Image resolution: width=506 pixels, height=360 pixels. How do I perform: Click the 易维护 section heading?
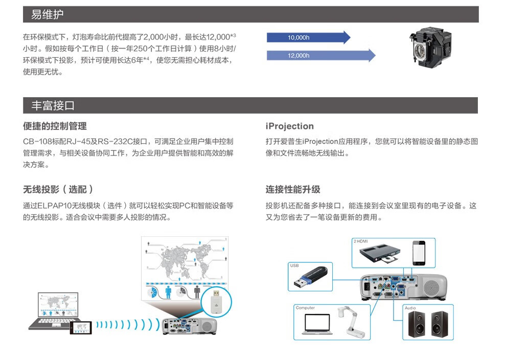click(x=47, y=14)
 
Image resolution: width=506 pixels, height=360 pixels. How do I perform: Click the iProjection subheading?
click(x=289, y=126)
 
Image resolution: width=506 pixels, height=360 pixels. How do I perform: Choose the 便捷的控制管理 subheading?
click(x=55, y=126)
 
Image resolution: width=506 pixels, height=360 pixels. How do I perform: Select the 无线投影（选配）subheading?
click(x=58, y=190)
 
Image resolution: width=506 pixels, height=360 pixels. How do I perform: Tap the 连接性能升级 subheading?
click(x=293, y=190)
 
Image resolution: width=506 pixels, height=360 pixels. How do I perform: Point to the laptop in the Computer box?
click(x=317, y=324)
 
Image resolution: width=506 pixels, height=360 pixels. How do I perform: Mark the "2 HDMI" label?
click(x=361, y=241)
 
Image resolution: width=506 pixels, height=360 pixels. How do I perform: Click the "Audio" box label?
click(x=410, y=308)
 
